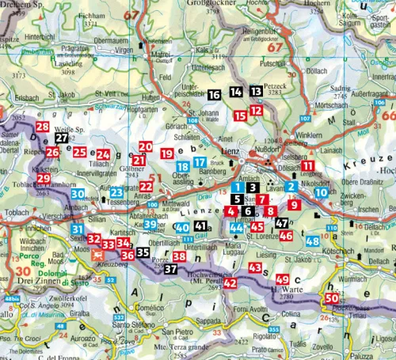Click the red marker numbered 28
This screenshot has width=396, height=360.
42,127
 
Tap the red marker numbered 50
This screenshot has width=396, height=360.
330,297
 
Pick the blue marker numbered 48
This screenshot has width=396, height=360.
311,241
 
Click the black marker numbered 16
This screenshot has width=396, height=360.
215,94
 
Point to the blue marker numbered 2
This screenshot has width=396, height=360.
291,187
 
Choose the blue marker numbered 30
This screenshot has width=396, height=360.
78,193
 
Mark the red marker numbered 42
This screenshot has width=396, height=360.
230,282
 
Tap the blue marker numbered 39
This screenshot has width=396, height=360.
150,225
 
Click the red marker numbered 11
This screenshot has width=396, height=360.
307,166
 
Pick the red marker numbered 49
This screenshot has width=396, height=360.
283,279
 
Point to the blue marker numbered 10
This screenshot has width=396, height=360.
321,191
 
